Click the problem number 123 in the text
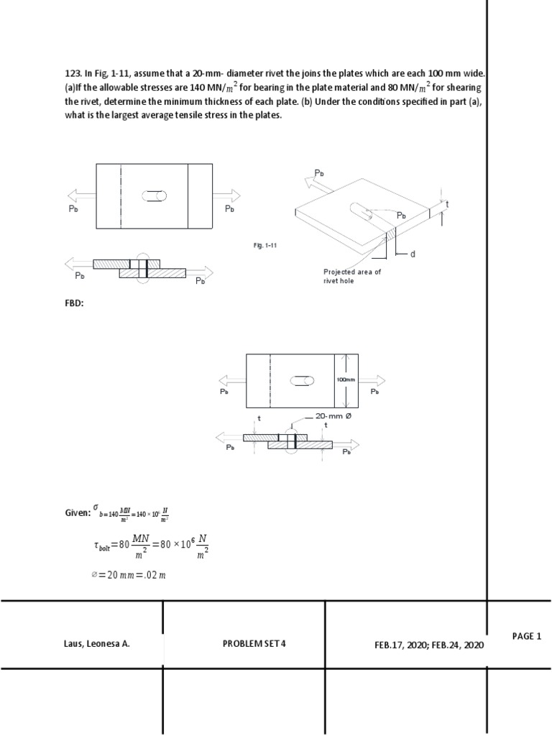tap(71, 73)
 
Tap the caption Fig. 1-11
tap(265, 245)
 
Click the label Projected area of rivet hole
tap(352, 276)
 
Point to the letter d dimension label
tap(413, 254)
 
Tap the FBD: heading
tap(75, 303)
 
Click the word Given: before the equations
tap(78, 512)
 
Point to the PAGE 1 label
tap(526, 636)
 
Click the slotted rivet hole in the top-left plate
tap(155, 195)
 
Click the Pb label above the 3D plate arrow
tap(320, 173)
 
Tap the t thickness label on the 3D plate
tap(447, 205)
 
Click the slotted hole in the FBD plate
tap(300, 380)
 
